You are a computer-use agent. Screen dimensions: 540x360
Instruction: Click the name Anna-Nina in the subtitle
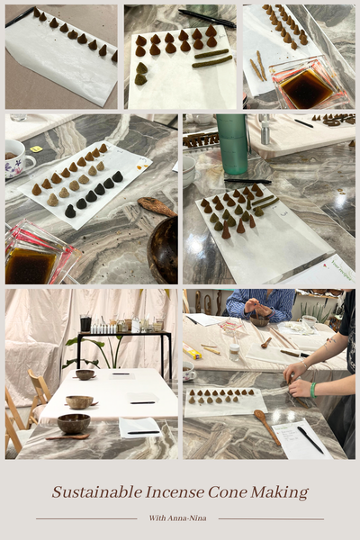pyautogui.click(x=192, y=518)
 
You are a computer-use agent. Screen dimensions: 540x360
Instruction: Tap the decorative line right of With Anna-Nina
pyautogui.click(x=270, y=518)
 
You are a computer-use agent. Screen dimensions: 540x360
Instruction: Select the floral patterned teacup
pyautogui.click(x=18, y=157)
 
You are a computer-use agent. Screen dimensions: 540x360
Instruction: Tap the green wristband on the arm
pyautogui.click(x=312, y=390)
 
